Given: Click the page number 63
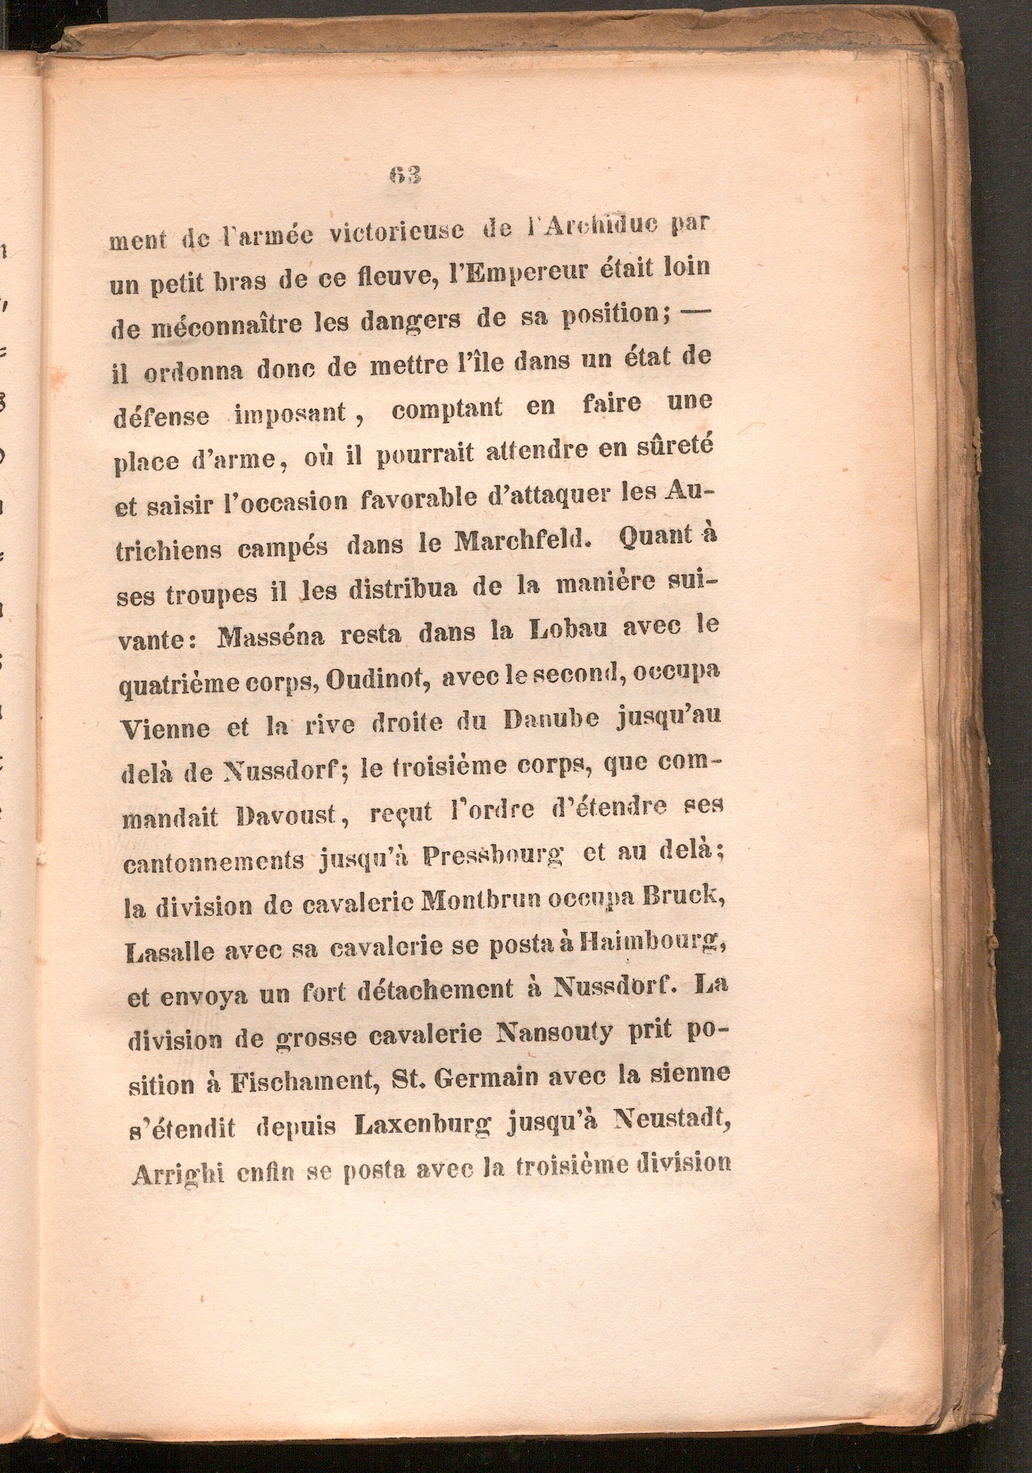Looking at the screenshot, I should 404,174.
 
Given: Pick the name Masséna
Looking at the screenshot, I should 271,636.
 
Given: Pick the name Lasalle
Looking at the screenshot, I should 170,952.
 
